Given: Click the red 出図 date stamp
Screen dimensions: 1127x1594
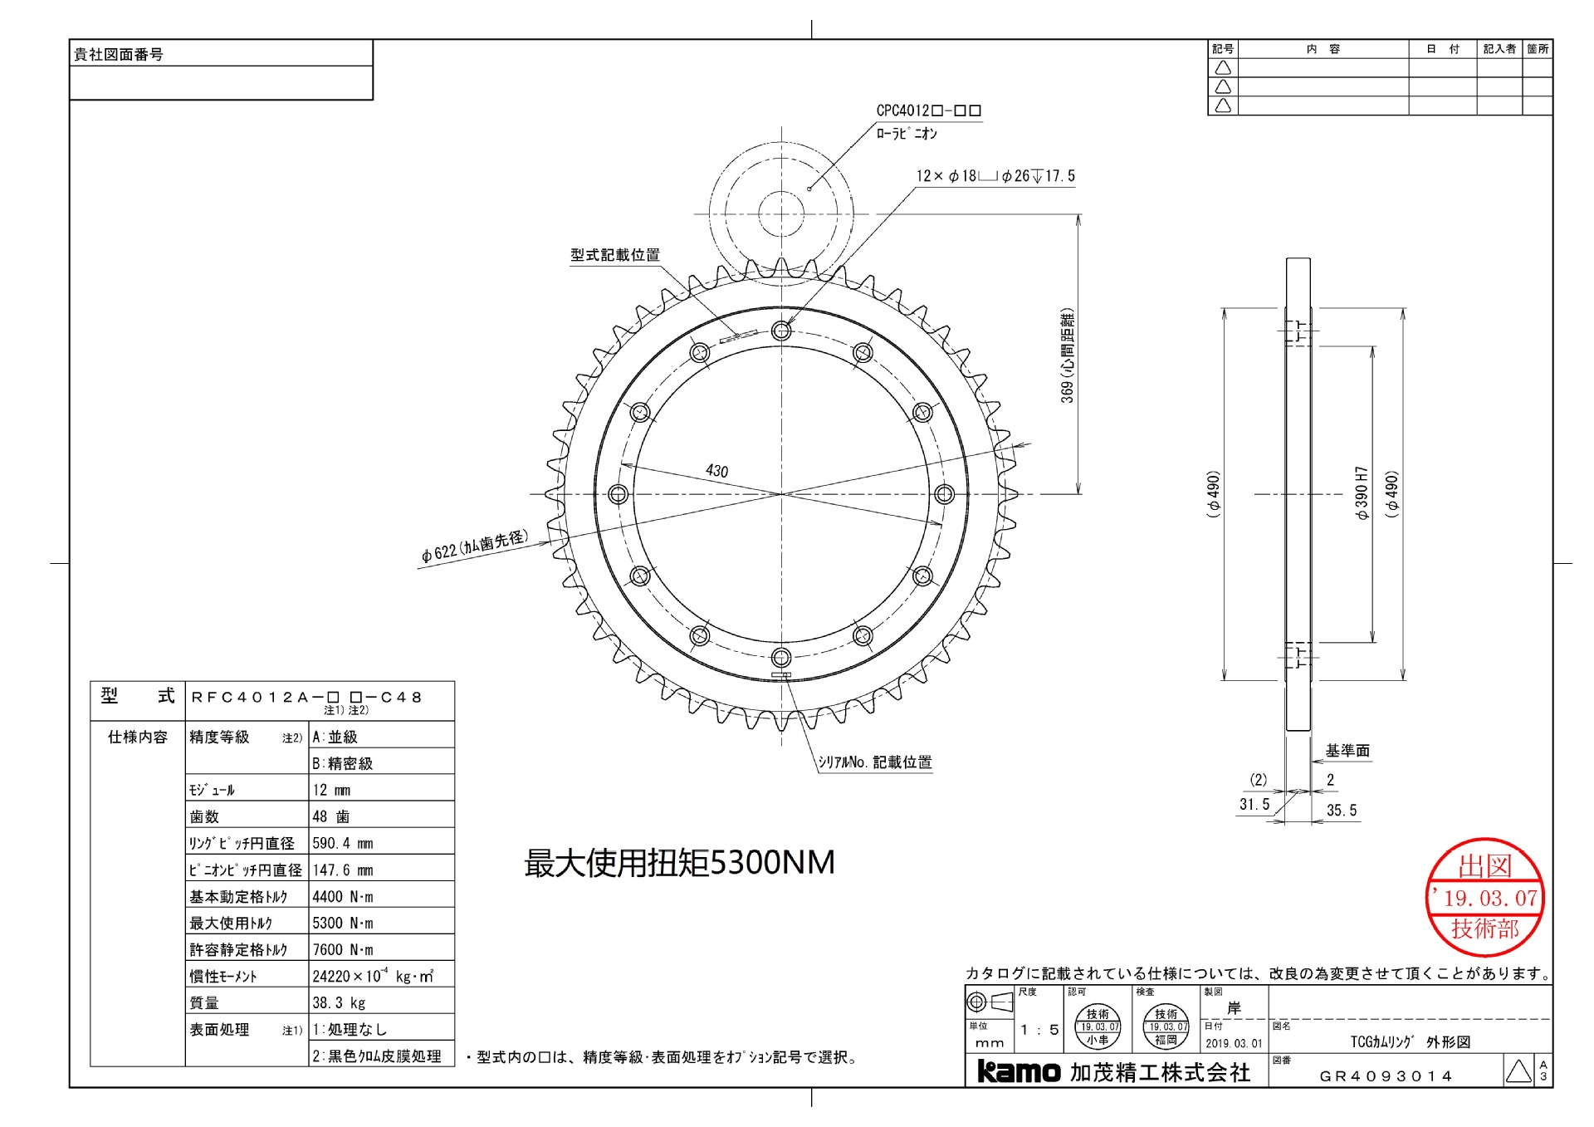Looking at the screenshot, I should pos(1484,898).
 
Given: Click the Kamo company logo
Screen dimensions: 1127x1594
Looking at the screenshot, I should pos(1019,1071).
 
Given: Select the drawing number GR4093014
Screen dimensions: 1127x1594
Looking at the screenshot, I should pos(1386,1076).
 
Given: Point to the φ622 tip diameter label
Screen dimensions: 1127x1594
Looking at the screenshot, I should pos(474,547).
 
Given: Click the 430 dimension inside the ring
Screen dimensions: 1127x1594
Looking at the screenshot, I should pos(716,471).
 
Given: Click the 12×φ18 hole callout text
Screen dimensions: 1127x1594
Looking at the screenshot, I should pos(995,176).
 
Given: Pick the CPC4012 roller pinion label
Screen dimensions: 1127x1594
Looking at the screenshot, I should pos(928,110).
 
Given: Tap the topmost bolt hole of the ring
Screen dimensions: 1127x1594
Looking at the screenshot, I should pos(780,331).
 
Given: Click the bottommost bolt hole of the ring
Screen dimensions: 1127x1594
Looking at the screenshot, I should pos(780,658).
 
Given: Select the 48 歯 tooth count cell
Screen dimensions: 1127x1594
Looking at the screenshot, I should pos(331,816).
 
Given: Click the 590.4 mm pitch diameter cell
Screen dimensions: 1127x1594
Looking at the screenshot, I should pos(343,843).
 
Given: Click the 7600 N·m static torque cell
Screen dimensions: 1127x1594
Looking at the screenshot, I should pos(343,949).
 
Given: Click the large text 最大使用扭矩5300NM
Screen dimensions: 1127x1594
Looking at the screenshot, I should pos(679,863).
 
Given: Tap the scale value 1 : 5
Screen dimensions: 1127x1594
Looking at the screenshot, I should pos(1039,1030).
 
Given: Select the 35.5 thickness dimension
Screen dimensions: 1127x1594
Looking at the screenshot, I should pos(1341,811).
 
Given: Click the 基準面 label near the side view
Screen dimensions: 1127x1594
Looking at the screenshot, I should pos(1347,751).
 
